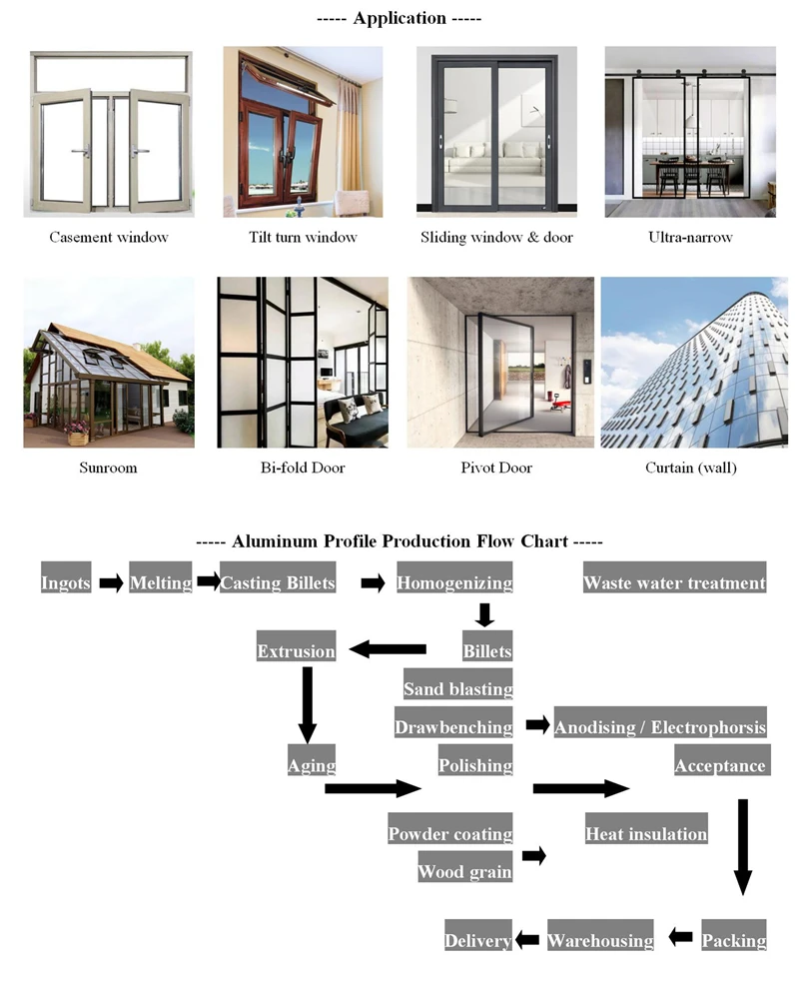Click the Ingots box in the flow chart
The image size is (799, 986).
(x=66, y=582)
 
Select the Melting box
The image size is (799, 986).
(x=160, y=582)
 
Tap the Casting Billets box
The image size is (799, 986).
(x=279, y=582)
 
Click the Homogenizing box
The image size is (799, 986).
(x=454, y=582)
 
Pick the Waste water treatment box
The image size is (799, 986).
(x=674, y=582)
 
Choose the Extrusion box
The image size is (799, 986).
(x=296, y=651)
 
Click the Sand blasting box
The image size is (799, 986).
(x=457, y=688)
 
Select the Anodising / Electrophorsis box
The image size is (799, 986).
(x=660, y=726)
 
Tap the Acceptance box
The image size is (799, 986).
(x=720, y=766)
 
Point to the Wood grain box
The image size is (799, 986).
(x=464, y=871)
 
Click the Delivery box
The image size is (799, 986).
(x=477, y=940)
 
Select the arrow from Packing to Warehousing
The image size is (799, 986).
(x=680, y=937)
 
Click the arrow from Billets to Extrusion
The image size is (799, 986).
(x=388, y=650)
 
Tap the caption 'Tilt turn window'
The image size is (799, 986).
(x=303, y=237)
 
